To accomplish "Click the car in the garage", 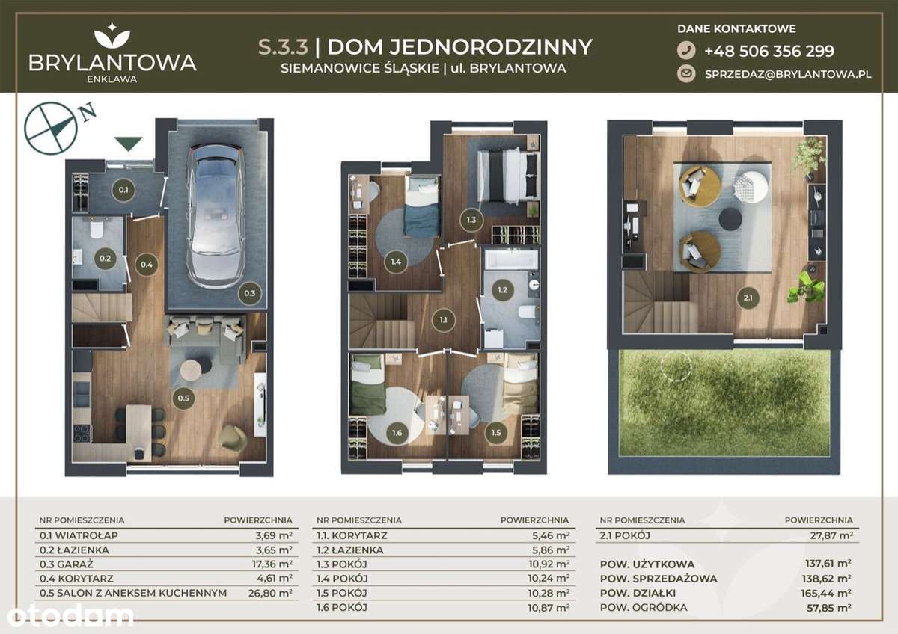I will click(x=216, y=211).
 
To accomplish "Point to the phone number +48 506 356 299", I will click(x=769, y=51).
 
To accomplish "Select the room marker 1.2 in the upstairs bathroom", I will click(x=502, y=289).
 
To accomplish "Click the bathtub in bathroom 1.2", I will click(x=510, y=260).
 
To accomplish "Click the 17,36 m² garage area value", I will click(x=273, y=564).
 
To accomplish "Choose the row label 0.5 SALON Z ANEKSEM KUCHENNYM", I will click(x=132, y=592).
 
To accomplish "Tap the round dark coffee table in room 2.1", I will click(x=730, y=218).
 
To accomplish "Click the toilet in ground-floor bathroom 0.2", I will click(x=97, y=229).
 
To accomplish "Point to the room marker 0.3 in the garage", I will click(x=249, y=293).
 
